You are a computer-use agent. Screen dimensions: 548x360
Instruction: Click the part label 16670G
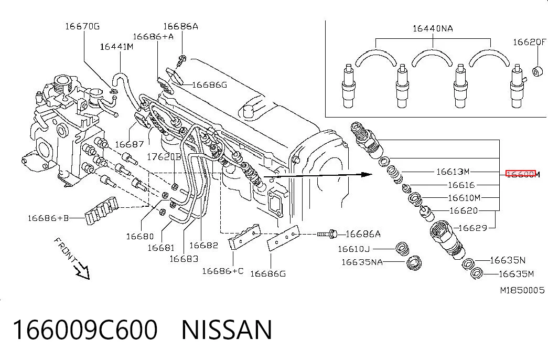[x=82, y=26]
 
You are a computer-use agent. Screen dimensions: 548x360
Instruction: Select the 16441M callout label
[x=117, y=47]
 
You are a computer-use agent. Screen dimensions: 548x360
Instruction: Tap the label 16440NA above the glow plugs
[x=433, y=28]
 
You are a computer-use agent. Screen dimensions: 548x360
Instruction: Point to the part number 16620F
[x=529, y=42]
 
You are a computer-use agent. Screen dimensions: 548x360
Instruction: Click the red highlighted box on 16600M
[x=521, y=174]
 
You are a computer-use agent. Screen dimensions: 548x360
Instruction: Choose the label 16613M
[x=453, y=172]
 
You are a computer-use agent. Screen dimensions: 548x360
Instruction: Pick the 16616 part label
[x=461, y=185]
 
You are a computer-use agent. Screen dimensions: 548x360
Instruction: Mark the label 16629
[x=472, y=228]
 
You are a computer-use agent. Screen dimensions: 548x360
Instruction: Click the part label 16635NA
[x=362, y=262]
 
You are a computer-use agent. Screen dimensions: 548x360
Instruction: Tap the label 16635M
[x=516, y=274]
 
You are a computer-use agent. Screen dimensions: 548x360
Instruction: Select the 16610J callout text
[x=353, y=249]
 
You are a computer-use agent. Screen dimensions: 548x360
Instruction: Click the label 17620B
[x=164, y=157]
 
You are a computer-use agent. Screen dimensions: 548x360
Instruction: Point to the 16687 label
[x=130, y=144]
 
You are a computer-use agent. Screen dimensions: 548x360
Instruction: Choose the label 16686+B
[x=48, y=218]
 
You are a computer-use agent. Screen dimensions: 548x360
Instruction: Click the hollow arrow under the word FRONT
[x=82, y=271]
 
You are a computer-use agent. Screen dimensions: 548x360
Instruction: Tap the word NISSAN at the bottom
[x=227, y=330]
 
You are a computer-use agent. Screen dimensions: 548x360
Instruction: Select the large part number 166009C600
[x=85, y=330]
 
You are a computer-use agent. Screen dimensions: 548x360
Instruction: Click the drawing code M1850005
[x=522, y=290]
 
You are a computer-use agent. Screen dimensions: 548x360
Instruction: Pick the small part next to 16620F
[x=538, y=71]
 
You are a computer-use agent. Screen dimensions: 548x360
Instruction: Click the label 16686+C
[x=223, y=271]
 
